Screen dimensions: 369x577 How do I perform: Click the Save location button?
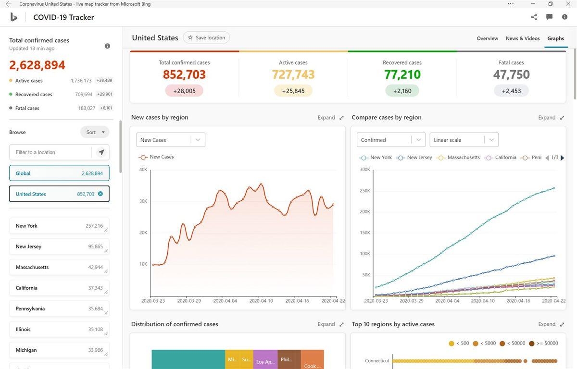pyautogui.click(x=206, y=37)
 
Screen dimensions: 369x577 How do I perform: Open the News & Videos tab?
pyautogui.click(x=522, y=38)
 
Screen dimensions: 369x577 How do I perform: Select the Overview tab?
pyautogui.click(x=487, y=38)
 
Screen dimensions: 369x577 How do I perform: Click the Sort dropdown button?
pyautogui.click(x=95, y=132)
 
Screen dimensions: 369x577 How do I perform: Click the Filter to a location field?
pyautogui.click(x=50, y=152)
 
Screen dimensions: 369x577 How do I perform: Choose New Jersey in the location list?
pyautogui.click(x=59, y=246)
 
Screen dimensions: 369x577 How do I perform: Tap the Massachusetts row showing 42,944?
pyautogui.click(x=59, y=267)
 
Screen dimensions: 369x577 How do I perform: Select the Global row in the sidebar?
pyautogui.click(x=59, y=173)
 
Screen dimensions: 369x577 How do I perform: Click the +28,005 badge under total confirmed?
pyautogui.click(x=184, y=91)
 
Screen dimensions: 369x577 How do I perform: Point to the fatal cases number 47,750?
pyautogui.click(x=511, y=75)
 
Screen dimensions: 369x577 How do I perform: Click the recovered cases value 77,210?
pyautogui.click(x=402, y=75)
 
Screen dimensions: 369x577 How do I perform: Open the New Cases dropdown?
pyautogui.click(x=171, y=140)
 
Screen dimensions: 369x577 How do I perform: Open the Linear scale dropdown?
pyautogui.click(x=464, y=140)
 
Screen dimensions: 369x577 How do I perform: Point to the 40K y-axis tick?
pyautogui.click(x=143, y=170)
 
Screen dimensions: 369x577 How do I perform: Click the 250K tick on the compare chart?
pyautogui.click(x=364, y=191)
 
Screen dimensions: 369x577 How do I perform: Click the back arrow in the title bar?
pyautogui.click(x=8, y=4)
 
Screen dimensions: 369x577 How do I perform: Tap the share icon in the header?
pyautogui.click(x=534, y=17)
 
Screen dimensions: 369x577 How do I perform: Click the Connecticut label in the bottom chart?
pyautogui.click(x=377, y=361)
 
